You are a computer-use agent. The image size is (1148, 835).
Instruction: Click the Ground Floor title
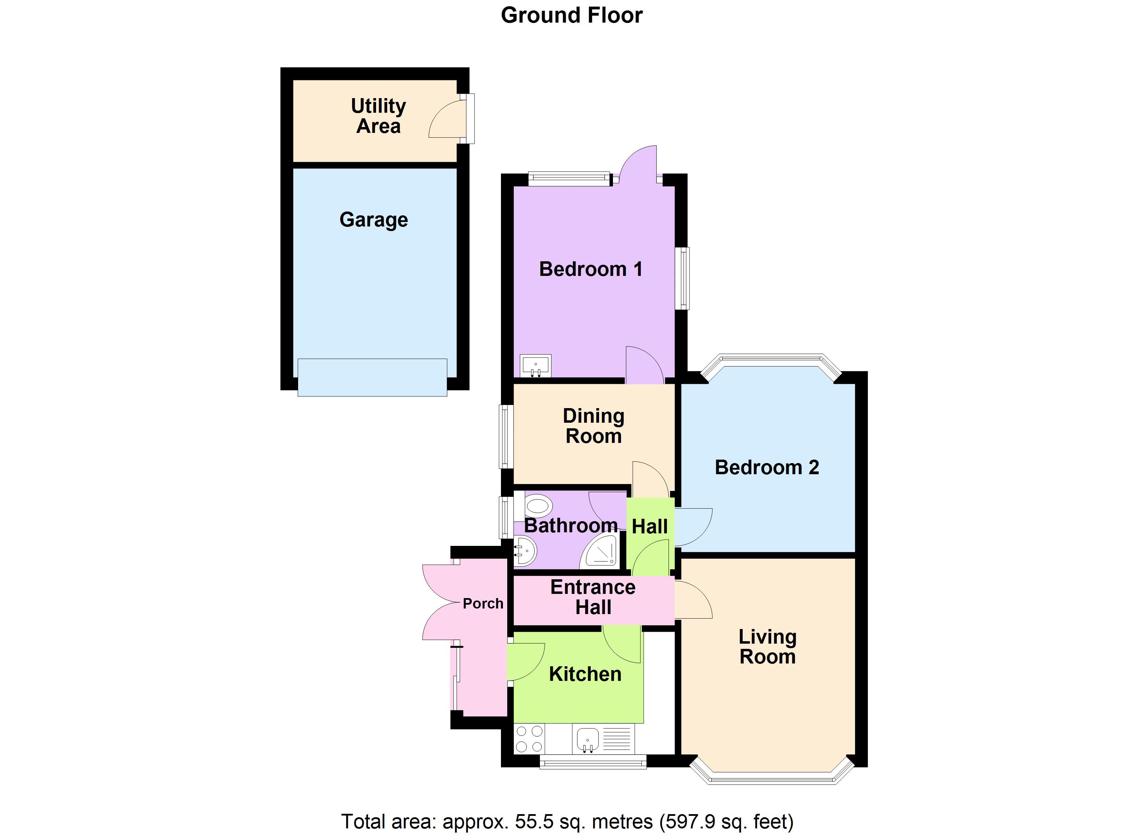(572, 15)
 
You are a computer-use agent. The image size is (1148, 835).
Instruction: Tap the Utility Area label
(378, 116)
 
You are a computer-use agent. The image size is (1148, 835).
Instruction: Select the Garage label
(374, 220)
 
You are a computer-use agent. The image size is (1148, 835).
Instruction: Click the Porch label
(483, 604)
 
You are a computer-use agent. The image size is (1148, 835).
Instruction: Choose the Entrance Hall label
(593, 597)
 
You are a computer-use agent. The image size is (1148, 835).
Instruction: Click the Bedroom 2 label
(766, 467)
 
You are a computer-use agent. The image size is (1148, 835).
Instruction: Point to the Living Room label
(767, 647)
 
